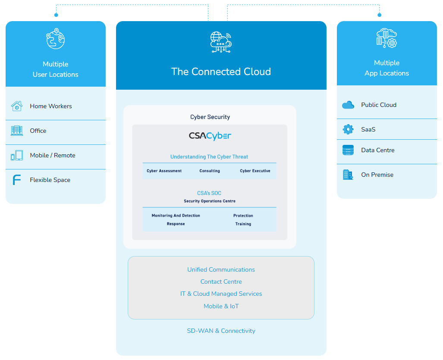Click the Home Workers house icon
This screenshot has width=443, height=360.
pos(16,106)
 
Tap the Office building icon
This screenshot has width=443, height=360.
pos(16,131)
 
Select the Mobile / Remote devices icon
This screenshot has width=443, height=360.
pos(16,155)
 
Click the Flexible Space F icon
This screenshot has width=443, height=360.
pos(16,180)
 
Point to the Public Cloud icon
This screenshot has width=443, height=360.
pos(348,105)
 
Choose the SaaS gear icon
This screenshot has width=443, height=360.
pos(348,129)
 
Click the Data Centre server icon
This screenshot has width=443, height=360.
pos(348,150)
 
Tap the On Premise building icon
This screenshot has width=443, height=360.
pos(348,175)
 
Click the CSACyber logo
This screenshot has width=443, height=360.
pos(210,136)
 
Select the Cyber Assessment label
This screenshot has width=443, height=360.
pos(164,171)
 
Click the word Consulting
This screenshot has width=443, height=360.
pos(210,171)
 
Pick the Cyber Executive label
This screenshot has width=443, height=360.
pos(255,171)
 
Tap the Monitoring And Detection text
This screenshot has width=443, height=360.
pos(176,216)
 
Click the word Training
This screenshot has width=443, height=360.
pos(243,224)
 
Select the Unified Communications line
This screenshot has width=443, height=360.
pos(221,269)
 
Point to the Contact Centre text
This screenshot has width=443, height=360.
pos(221,282)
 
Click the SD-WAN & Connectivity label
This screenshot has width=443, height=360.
pos(221,331)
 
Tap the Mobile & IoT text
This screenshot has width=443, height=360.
pos(221,306)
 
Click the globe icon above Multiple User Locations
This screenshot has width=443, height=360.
pos(56,39)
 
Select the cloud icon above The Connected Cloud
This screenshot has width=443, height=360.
pos(221,42)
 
